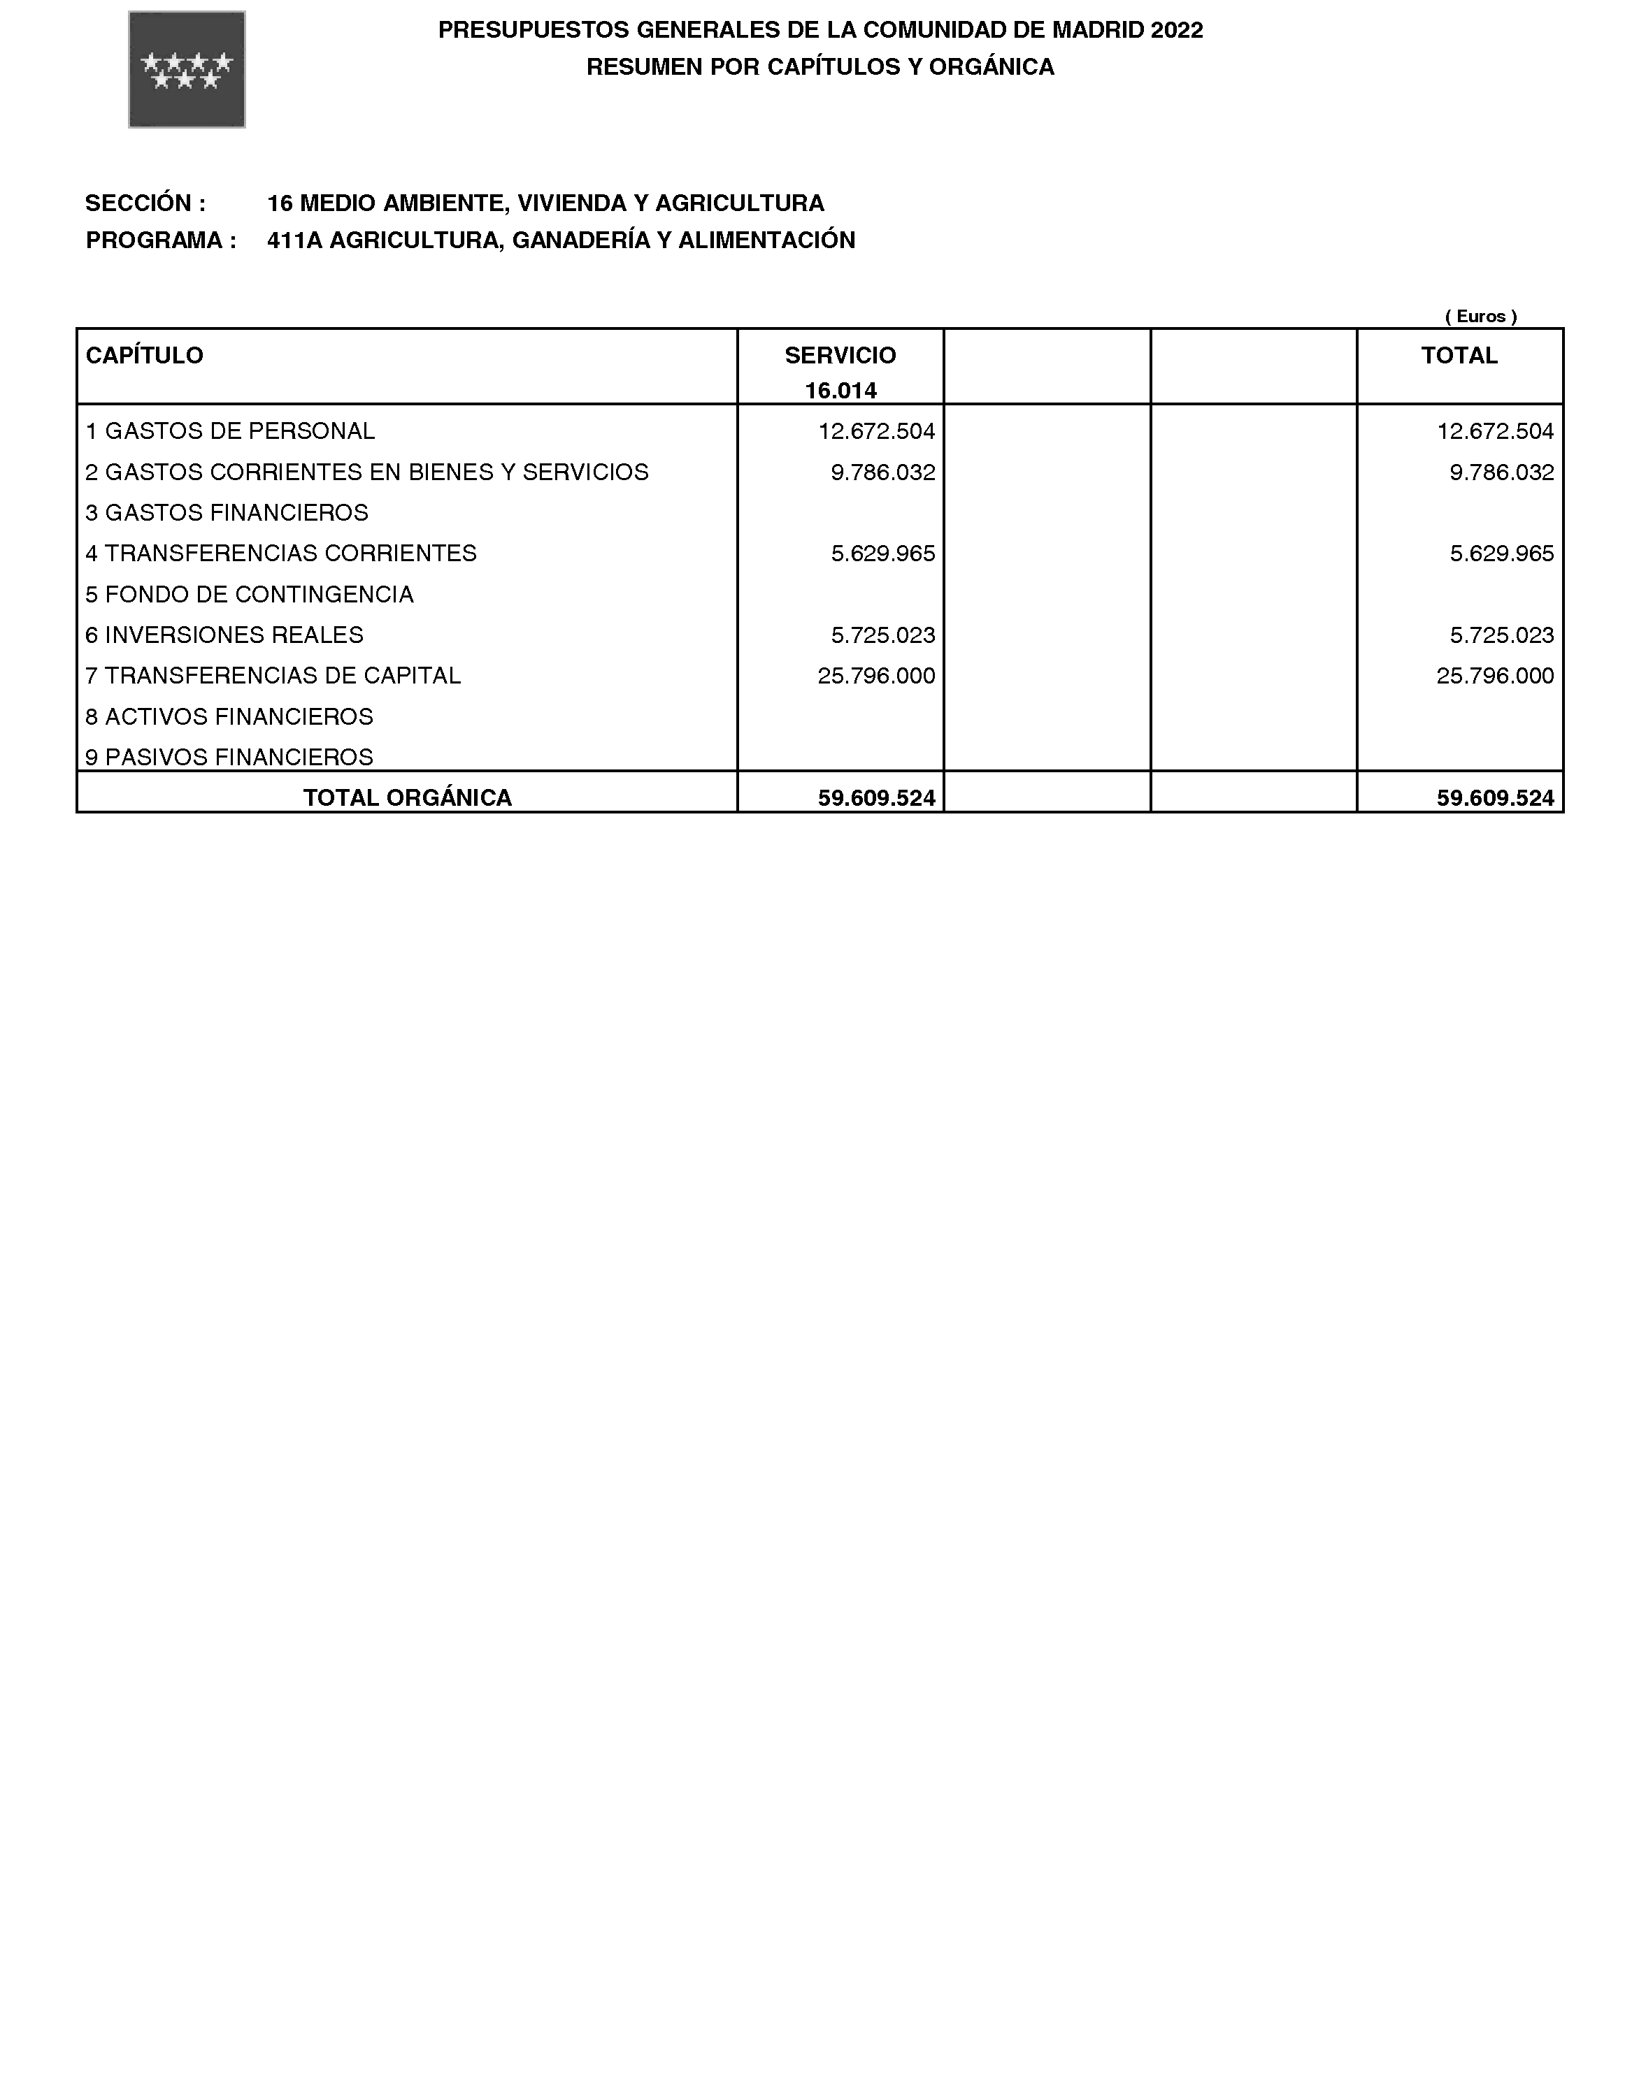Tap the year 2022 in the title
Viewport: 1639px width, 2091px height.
pos(1177,31)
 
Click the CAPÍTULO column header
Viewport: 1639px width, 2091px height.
pos(145,356)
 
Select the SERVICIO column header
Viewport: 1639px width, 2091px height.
pos(840,356)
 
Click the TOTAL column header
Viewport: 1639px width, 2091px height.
pos(1459,356)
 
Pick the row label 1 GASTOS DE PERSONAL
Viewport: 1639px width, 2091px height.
pos(230,432)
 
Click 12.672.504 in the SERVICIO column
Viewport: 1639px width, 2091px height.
pos(876,432)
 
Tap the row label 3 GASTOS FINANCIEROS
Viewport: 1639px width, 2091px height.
pos(227,513)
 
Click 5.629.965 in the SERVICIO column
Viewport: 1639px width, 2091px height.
pos(883,553)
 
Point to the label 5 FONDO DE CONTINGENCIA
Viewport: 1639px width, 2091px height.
pos(250,595)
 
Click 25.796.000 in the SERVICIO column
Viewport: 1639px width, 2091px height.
pos(876,676)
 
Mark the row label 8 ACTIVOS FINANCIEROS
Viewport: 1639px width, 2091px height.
pos(229,716)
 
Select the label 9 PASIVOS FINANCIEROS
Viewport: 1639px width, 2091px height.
pos(229,757)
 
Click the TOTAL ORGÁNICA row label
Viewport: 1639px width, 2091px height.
pos(408,798)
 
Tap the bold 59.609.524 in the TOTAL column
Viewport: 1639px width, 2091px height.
pos(1495,798)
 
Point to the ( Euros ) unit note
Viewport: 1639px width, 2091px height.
pos(1481,317)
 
